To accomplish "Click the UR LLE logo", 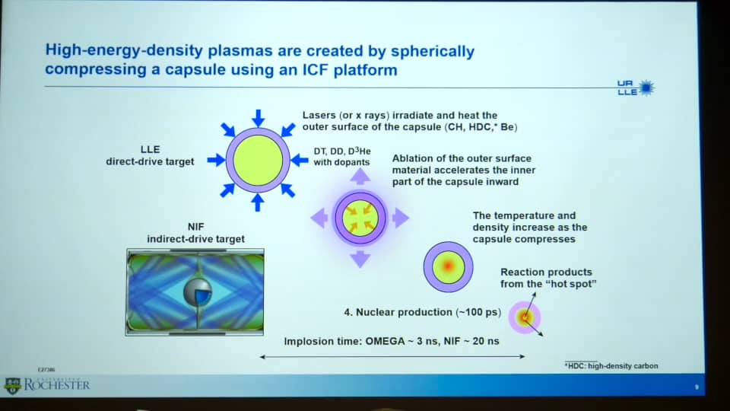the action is point(636,88).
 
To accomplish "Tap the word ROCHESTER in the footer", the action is point(57,385).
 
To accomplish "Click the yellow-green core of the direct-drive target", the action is point(258,161).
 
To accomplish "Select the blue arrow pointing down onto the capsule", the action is point(258,118).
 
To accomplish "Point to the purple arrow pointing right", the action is point(401,218).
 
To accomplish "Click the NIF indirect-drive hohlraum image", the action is point(195,292).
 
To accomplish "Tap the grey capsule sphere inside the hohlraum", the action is point(198,292).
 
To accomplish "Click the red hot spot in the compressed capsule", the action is point(448,266).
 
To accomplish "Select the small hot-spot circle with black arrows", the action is point(525,317).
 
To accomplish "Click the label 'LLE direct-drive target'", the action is point(150,155).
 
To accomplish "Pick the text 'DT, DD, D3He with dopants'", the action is point(342,157).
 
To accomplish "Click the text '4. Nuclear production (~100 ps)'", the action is point(422,312).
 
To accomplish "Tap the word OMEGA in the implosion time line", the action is point(385,341).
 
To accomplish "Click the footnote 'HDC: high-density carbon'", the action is point(611,366).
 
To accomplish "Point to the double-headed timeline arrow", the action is point(392,357).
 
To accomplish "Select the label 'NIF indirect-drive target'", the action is point(196,233).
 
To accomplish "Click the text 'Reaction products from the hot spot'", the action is point(548,279).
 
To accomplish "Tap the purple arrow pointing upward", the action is point(360,177).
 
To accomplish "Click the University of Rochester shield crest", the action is point(13,386).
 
